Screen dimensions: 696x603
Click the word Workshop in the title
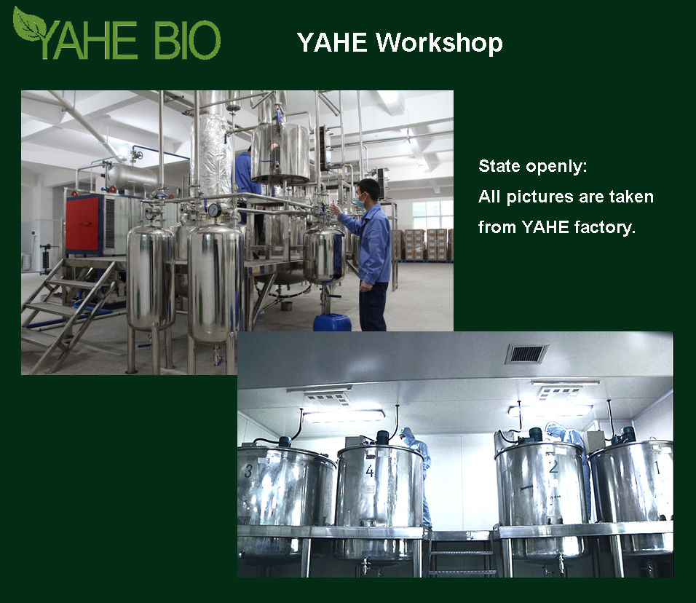click(439, 43)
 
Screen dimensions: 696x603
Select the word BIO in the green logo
click(187, 40)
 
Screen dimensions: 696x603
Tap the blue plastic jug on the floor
click(332, 323)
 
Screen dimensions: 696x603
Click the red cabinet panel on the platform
click(82, 224)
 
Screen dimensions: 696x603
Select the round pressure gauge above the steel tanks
click(214, 210)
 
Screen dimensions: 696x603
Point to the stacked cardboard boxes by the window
click(427, 245)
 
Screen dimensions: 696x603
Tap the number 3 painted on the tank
click(248, 470)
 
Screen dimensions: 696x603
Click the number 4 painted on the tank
click(370, 470)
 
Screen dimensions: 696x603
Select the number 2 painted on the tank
click(553, 467)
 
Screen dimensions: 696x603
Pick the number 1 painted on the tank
click(658, 468)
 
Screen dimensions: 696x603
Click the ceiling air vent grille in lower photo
click(527, 353)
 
